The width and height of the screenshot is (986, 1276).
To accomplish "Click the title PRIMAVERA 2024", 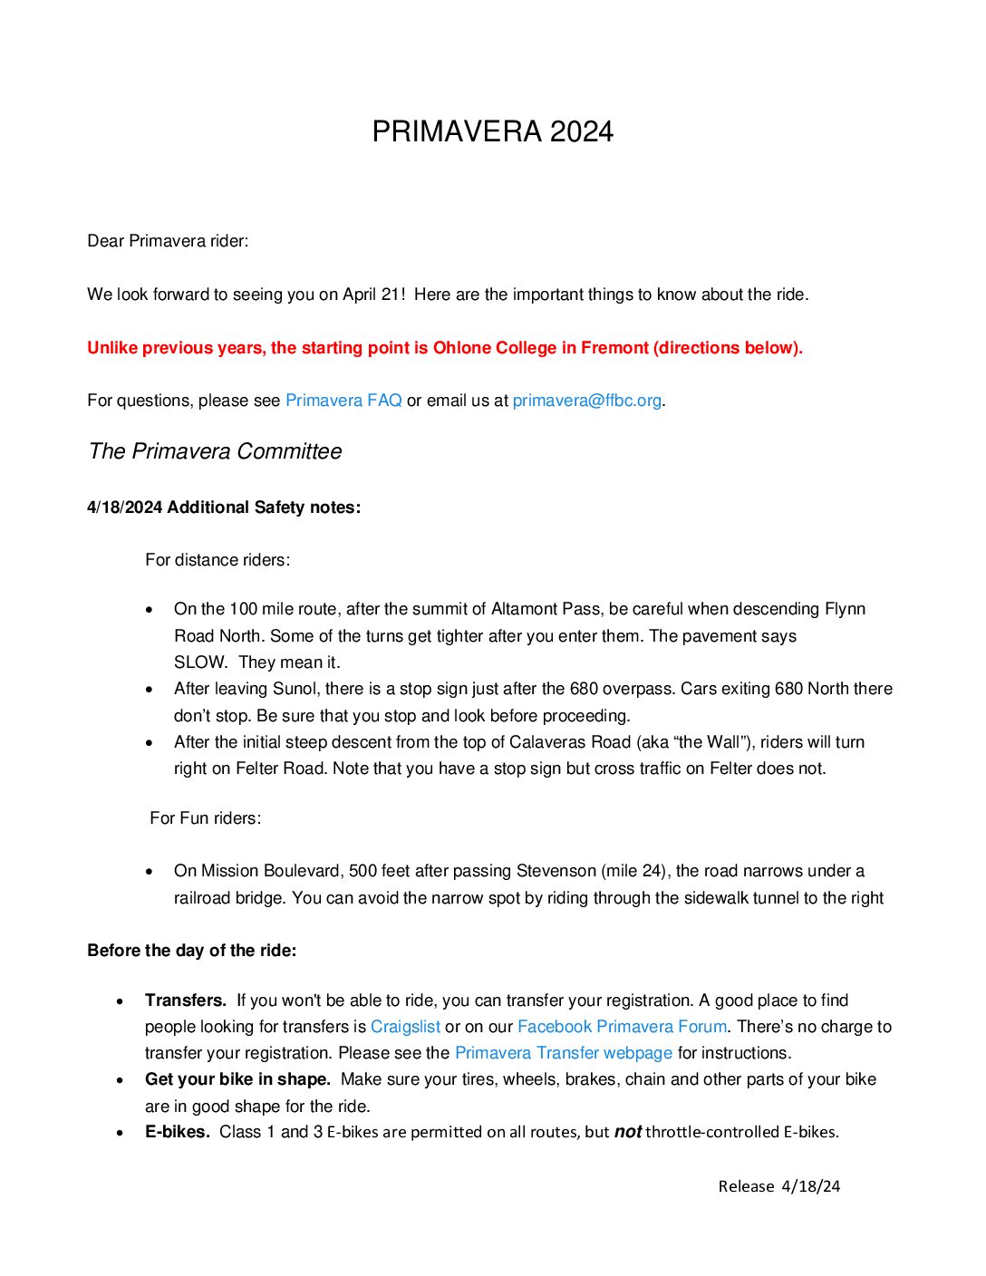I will pyautogui.click(x=492, y=132).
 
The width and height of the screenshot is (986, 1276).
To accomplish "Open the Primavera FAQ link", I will pyautogui.click(x=343, y=401).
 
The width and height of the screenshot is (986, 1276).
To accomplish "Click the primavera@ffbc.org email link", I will pyautogui.click(x=586, y=401).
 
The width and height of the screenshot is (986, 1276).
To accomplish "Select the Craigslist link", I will pyautogui.click(x=405, y=1027).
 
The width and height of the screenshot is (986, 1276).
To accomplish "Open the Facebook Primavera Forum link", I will pyautogui.click(x=622, y=1027).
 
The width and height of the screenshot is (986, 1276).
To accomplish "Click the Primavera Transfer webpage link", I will pyautogui.click(x=563, y=1053).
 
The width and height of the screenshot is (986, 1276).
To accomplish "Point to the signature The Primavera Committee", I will pyautogui.click(x=215, y=451).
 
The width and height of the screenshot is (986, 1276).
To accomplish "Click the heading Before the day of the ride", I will pyautogui.click(x=191, y=951).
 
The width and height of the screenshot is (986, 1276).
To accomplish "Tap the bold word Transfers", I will pyautogui.click(x=186, y=1000).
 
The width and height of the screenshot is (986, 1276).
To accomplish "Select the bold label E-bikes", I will pyautogui.click(x=178, y=1132).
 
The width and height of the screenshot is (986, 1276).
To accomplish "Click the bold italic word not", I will pyautogui.click(x=627, y=1132).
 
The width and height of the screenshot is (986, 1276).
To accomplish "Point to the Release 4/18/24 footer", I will pyautogui.click(x=778, y=1186).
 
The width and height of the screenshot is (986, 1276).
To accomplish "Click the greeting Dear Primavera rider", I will pyautogui.click(x=168, y=241).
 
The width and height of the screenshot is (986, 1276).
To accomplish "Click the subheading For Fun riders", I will pyautogui.click(x=205, y=818).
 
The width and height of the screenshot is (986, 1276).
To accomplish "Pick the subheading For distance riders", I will pyautogui.click(x=217, y=560).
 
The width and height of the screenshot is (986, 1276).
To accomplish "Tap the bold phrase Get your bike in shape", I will pyautogui.click(x=238, y=1079).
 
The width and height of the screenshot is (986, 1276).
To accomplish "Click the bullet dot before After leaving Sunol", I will pyautogui.click(x=150, y=690).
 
